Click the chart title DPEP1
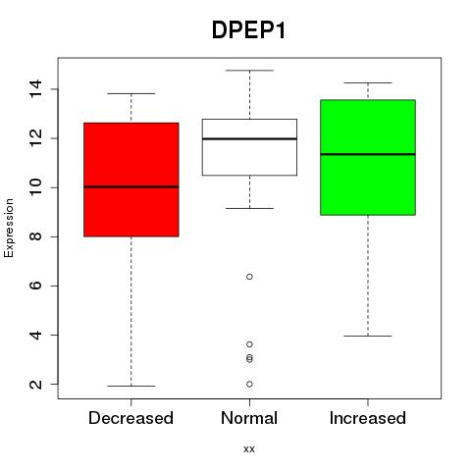(x=249, y=30)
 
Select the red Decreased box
(x=131, y=180)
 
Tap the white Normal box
(x=249, y=147)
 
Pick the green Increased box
(x=368, y=157)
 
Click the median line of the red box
(x=131, y=187)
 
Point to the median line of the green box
(x=368, y=154)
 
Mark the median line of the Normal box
(x=249, y=139)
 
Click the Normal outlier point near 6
(x=249, y=277)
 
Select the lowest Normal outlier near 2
(x=249, y=384)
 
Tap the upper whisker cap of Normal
(x=249, y=71)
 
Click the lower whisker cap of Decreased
(x=131, y=386)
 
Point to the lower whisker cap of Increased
(x=368, y=336)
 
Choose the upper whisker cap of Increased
(x=368, y=82)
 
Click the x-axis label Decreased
(x=131, y=418)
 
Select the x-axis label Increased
(x=368, y=418)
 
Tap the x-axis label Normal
(x=249, y=418)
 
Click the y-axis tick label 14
(x=35, y=89)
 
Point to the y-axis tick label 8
(x=35, y=236)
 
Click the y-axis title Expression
(x=9, y=228)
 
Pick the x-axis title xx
(x=249, y=449)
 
